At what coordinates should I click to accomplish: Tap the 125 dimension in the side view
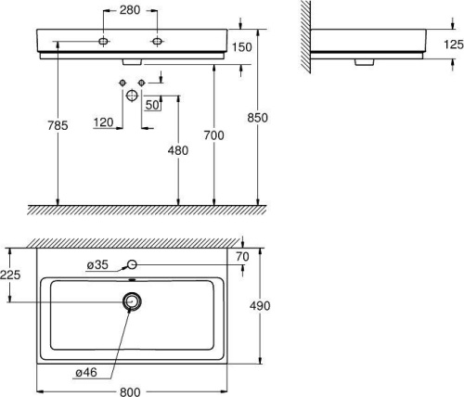point(452,44)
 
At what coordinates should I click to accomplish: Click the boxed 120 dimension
point(103,121)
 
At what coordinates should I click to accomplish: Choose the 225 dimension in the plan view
point(11,274)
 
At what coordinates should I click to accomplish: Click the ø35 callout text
point(97,265)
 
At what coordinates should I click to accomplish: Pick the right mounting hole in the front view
point(158,41)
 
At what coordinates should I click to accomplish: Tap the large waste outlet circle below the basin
point(132,96)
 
